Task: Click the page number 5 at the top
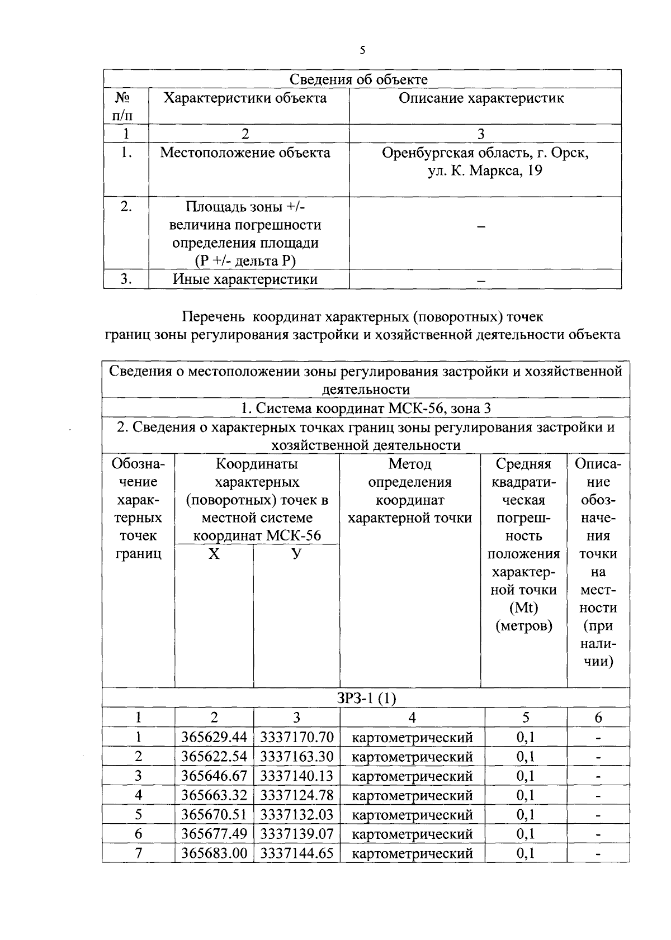[362, 51]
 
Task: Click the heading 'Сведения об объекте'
[362, 79]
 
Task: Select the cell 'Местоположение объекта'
[245, 153]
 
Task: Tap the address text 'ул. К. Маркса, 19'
[485, 171]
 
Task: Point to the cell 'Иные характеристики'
[245, 279]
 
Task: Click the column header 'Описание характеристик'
[481, 98]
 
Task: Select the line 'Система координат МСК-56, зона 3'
[366, 409]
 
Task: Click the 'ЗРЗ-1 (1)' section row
[366, 698]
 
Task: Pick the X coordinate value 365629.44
[214, 738]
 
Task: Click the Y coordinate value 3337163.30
[296, 757]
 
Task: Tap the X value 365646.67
[214, 776]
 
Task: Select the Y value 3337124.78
[296, 795]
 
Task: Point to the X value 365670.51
[214, 815]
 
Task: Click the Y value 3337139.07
[296, 834]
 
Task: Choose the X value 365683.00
[214, 853]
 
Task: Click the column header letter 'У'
[296, 554]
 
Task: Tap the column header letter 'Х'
[214, 554]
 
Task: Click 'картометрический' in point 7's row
[412, 853]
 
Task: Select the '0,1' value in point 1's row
[525, 738]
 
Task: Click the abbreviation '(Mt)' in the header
[524, 608]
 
